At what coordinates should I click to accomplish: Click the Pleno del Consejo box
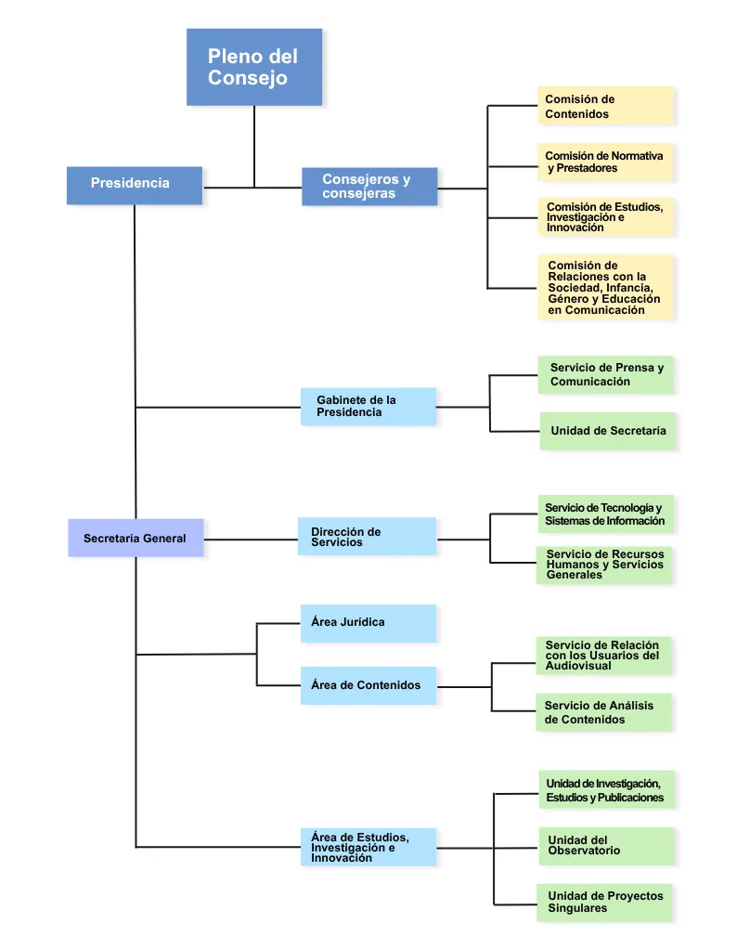click(254, 67)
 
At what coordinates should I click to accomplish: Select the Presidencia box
click(135, 185)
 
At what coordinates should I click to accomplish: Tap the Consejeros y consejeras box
click(369, 187)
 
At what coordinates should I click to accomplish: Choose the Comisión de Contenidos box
click(605, 106)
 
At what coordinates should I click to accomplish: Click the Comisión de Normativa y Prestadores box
click(605, 162)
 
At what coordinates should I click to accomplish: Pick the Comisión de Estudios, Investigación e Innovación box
click(605, 216)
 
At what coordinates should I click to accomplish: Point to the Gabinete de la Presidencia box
click(368, 406)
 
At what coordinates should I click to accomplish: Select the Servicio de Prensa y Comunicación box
click(606, 374)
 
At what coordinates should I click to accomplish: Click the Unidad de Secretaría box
click(607, 431)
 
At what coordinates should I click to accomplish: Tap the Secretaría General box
click(136, 538)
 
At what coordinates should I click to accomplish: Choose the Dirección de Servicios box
click(367, 536)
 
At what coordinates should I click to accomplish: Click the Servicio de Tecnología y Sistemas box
click(606, 513)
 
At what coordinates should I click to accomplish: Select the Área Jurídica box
click(368, 623)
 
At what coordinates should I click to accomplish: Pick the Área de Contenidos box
click(368, 685)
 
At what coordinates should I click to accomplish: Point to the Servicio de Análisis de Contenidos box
click(604, 712)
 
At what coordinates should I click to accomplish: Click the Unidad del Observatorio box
click(606, 846)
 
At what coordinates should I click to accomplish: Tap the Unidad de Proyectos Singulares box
click(604, 903)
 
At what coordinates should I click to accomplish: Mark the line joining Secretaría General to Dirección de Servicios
click(251, 539)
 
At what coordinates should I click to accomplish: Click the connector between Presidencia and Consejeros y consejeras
click(252, 188)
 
